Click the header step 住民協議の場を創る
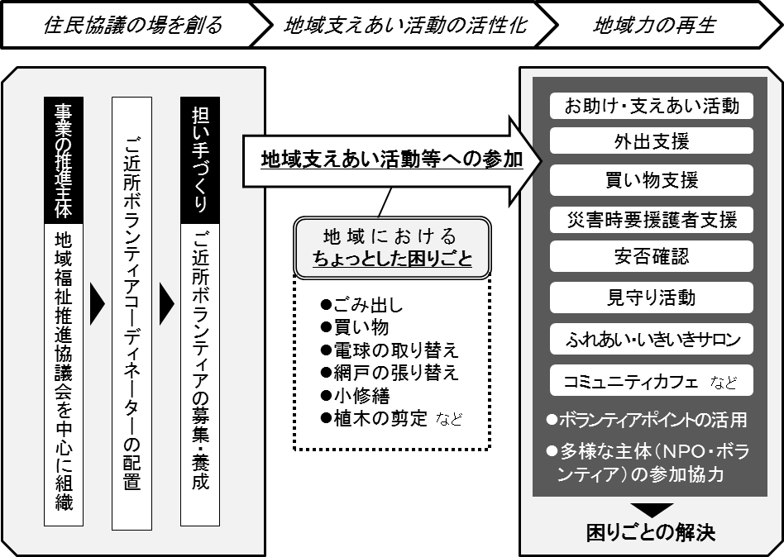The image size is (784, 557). pyautogui.click(x=132, y=25)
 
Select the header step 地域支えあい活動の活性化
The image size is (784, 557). pyautogui.click(x=405, y=25)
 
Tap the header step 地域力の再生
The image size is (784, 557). pyautogui.click(x=655, y=25)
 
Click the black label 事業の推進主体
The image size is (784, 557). pyautogui.click(x=64, y=160)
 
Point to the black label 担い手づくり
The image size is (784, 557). pyautogui.click(x=200, y=160)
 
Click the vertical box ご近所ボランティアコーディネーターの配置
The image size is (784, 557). pyautogui.click(x=131, y=313)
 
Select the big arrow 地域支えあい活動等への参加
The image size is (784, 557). pyautogui.click(x=393, y=160)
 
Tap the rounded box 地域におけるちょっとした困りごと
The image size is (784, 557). pyautogui.click(x=393, y=248)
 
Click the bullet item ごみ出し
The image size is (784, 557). pyautogui.click(x=362, y=304)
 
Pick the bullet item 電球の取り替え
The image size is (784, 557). pyautogui.click(x=390, y=350)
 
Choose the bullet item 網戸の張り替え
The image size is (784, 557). pyautogui.click(x=390, y=373)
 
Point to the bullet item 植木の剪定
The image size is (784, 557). pyautogui.click(x=391, y=418)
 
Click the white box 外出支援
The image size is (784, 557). pyautogui.click(x=652, y=141)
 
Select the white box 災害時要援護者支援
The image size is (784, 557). pyautogui.click(x=652, y=220)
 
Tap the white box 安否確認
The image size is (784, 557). pyautogui.click(x=652, y=256)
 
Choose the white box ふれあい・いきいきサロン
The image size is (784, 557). pyautogui.click(x=652, y=339)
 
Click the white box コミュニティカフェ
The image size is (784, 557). pyautogui.click(x=652, y=381)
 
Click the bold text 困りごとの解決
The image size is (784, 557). pyautogui.click(x=651, y=533)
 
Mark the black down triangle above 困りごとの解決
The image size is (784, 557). pyautogui.click(x=652, y=509)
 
